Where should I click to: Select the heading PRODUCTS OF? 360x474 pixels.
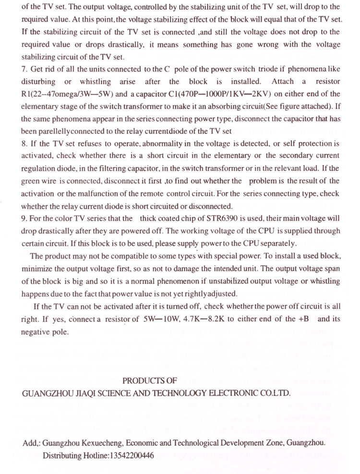pos(150,380)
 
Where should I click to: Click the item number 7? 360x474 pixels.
pos(24,69)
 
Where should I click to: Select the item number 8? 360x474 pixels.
pos(24,143)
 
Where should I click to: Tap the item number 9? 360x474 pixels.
pos(24,218)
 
